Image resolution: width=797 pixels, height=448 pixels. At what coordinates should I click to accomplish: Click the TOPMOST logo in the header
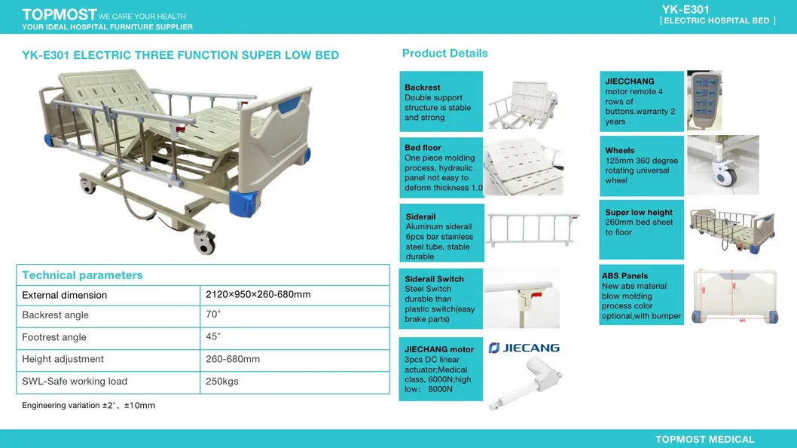[x=60, y=14]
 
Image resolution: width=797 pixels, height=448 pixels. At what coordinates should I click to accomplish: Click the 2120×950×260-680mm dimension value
[x=258, y=294]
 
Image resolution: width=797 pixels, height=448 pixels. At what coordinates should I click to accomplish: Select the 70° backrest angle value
[x=213, y=315]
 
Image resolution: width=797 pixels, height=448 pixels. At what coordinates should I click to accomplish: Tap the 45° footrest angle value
[x=213, y=336]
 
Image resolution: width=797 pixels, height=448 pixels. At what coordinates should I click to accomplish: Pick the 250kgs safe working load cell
[x=221, y=381]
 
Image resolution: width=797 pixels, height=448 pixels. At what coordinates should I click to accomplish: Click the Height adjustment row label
[x=63, y=359]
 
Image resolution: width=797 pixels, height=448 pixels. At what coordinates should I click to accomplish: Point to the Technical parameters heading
[x=82, y=275]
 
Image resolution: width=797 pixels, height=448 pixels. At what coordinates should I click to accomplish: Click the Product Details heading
[x=444, y=53]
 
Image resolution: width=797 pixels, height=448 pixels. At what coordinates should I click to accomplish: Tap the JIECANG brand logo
[x=524, y=348]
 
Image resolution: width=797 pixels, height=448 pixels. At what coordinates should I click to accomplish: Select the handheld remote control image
[x=704, y=100]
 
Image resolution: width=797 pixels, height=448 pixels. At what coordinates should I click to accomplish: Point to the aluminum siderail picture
[x=532, y=230]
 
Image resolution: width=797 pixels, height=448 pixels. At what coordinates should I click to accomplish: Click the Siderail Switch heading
[x=434, y=279]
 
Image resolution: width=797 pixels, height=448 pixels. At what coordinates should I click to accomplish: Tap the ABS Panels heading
[x=624, y=276]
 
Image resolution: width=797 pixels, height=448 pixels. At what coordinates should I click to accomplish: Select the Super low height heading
[x=639, y=213]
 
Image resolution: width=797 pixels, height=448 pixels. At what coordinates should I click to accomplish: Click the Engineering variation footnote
[x=88, y=405]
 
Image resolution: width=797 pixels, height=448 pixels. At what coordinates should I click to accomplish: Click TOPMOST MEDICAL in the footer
[x=704, y=439]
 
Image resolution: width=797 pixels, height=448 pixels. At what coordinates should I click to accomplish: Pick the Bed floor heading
[x=423, y=148]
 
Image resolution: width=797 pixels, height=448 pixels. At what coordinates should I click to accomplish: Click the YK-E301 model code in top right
[x=686, y=9]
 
